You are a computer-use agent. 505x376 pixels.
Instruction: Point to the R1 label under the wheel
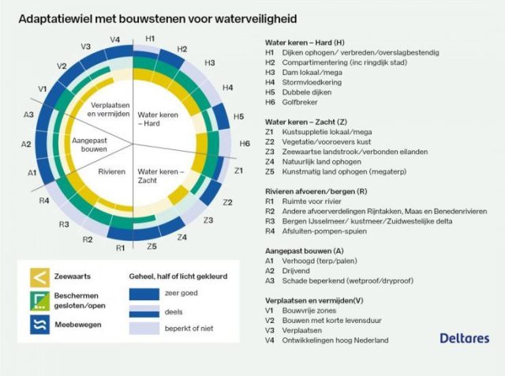click(x=120, y=248)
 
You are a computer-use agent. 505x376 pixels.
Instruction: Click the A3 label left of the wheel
click(x=28, y=115)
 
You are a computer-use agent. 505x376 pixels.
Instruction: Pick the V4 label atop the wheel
click(x=115, y=39)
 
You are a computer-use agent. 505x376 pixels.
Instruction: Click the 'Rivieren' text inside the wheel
click(x=112, y=170)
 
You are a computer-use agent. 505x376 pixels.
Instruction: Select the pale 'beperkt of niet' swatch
click(x=147, y=328)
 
